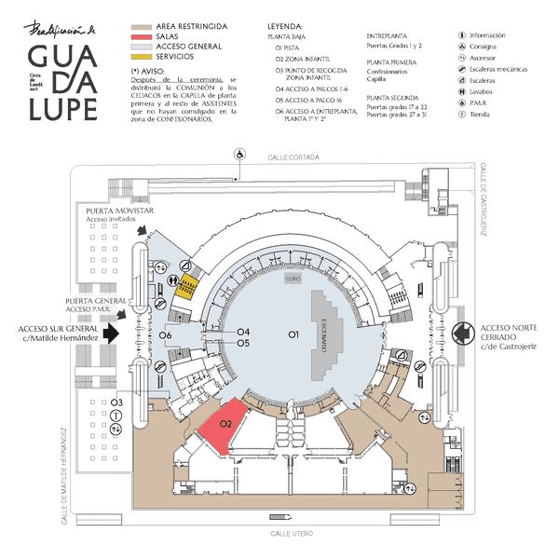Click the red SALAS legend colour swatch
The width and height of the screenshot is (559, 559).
(x=142, y=34)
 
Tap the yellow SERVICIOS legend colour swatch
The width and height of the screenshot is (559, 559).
(x=142, y=56)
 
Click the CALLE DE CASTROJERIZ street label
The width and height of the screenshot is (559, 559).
(x=485, y=199)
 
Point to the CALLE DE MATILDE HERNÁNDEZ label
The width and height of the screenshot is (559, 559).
(x=65, y=475)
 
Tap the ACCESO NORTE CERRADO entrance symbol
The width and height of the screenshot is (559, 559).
(x=462, y=332)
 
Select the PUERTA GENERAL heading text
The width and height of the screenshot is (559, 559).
(x=96, y=302)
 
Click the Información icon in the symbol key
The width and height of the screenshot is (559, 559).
(x=464, y=35)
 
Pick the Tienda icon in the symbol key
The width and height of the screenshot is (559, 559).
(x=464, y=116)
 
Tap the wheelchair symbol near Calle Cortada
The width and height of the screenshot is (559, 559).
(x=239, y=154)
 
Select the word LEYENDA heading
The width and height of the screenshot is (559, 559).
(x=285, y=25)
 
